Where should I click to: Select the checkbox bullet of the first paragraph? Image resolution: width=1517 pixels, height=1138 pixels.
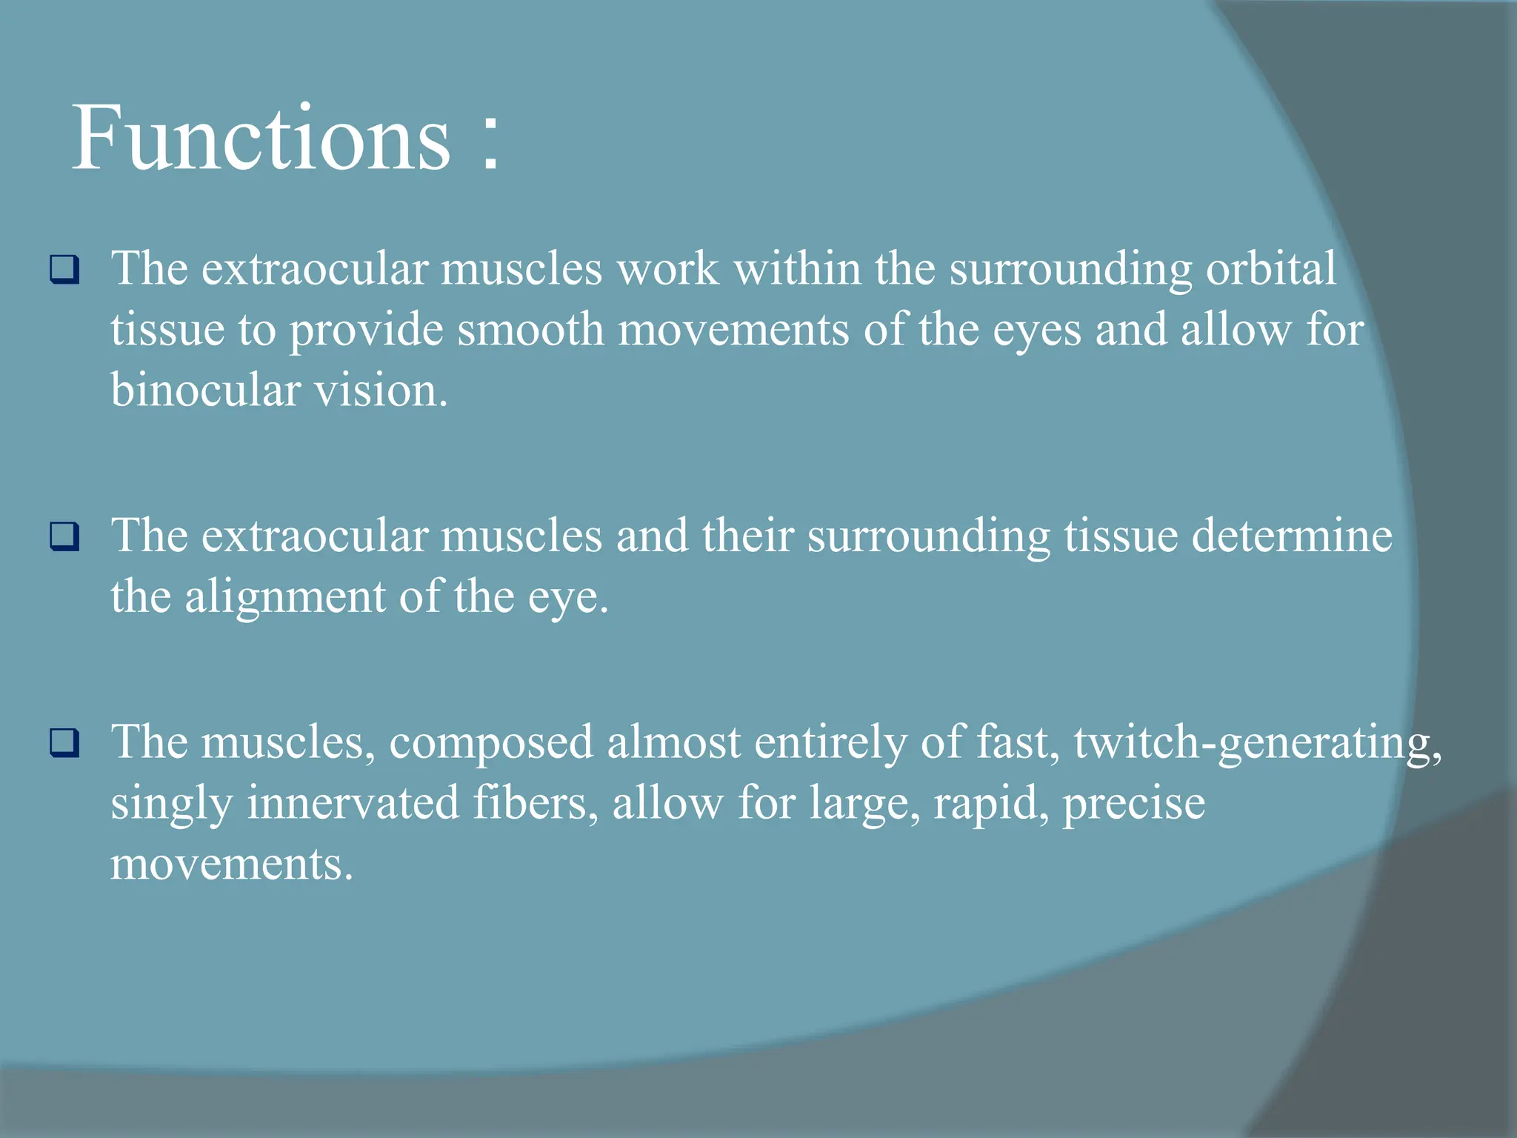(64, 270)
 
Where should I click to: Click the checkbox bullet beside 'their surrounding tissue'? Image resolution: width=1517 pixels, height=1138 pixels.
(64, 536)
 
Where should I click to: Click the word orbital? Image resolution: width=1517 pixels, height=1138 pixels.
(1270, 268)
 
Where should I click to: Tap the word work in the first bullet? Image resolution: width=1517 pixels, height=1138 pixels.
(667, 268)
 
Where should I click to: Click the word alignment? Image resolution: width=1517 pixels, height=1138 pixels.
(285, 597)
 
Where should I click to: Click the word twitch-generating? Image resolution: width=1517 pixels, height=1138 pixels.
(1257, 743)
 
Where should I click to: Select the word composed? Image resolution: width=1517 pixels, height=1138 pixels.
(491, 743)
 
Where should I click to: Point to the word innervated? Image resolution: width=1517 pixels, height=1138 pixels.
(353, 803)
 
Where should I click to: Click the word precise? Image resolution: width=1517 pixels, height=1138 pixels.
(1133, 803)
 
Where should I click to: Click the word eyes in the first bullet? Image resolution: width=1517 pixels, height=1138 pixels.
(1036, 330)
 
